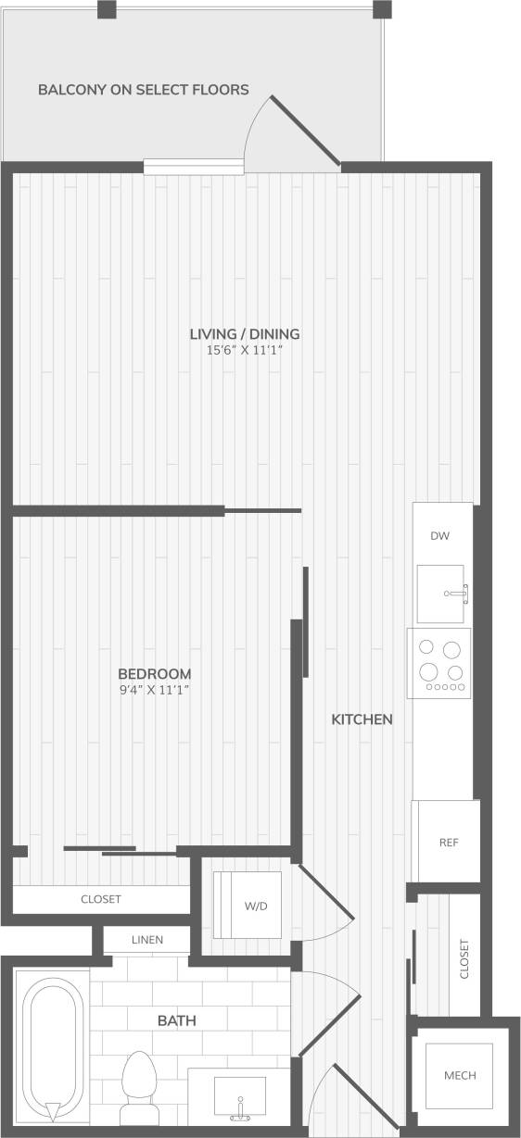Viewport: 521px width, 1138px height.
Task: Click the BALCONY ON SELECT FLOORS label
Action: coord(143,90)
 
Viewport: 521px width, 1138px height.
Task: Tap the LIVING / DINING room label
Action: coord(244,334)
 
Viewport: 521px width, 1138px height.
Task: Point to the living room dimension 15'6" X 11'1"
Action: coord(244,351)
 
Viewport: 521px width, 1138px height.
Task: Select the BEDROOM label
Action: coord(155,673)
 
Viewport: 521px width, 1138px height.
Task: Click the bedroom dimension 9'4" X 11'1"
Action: coord(155,690)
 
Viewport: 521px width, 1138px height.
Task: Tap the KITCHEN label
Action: coord(362,719)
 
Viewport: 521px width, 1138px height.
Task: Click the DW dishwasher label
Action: coord(440,536)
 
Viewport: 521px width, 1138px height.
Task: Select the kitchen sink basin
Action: coord(440,594)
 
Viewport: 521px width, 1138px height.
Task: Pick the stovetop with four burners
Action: coord(439,662)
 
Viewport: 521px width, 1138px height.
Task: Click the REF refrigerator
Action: coord(449,843)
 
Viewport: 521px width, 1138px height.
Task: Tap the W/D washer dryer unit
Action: coord(248,905)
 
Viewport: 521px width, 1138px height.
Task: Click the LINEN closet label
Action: coord(147,940)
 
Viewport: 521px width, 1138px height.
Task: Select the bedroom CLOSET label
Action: coord(101,899)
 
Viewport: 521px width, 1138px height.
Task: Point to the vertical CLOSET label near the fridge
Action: coord(464,959)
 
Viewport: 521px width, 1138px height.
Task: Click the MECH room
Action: coord(460,1075)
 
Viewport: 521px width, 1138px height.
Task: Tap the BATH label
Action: coord(176,1021)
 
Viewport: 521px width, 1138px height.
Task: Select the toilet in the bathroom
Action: coord(140,1079)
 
